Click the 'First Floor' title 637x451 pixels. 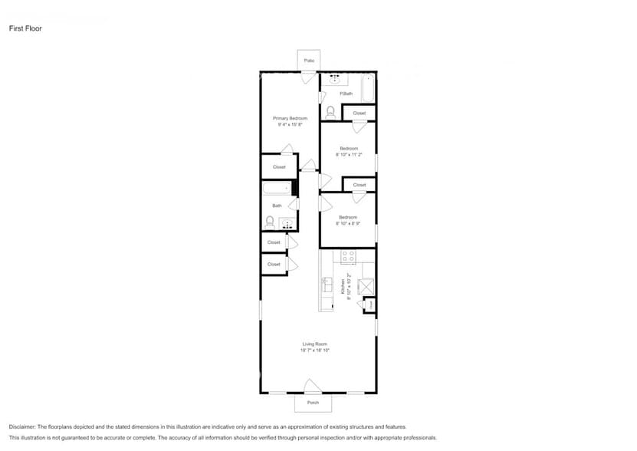25,28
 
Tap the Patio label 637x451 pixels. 309,60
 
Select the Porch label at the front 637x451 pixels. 313,403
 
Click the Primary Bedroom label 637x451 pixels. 291,118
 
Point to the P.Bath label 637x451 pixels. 346,94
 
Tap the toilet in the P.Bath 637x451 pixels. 330,112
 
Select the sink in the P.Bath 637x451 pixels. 334,77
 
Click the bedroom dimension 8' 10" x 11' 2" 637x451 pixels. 349,154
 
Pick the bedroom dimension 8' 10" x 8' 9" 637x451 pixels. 349,223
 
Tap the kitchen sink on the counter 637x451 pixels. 326,285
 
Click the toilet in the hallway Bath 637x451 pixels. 270,222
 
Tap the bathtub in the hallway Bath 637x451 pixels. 276,188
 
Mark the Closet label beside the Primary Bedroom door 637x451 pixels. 279,166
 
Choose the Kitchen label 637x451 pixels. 343,287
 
